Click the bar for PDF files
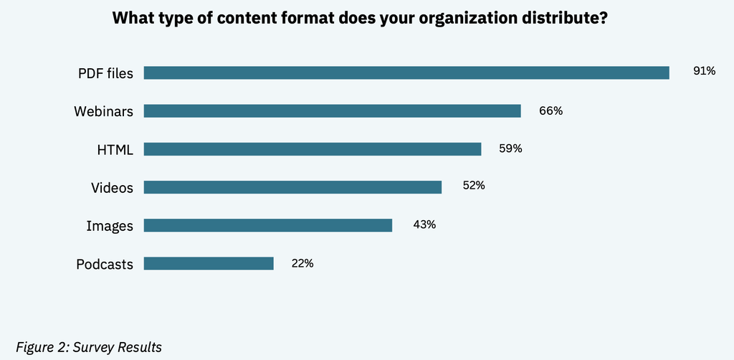pos(406,73)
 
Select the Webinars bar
pos(333,111)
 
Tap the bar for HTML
pos(313,149)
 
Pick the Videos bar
pos(292,187)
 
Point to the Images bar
pos(268,226)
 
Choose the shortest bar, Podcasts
pos(209,264)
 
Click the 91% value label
pos(705,71)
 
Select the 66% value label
pos(551,111)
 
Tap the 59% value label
pos(510,149)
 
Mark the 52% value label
pos(474,186)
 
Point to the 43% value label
pos(424,224)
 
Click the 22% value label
pos(302,264)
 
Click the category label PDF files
pos(106,73)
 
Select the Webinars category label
pos(103,111)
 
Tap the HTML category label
pos(115,150)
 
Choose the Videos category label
pos(113,188)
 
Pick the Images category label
pos(110,227)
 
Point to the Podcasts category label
pos(105,265)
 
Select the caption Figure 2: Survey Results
pos(89,347)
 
